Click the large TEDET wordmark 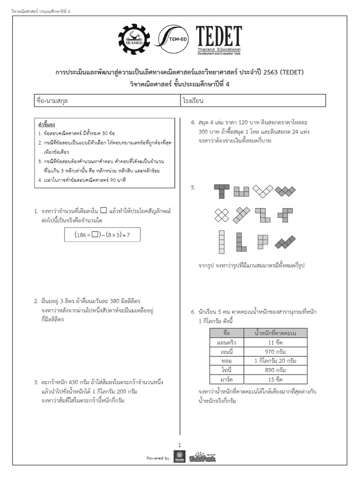click(218, 37)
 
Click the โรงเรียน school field click(253, 101)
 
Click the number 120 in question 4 click(248, 123)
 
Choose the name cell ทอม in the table click(227, 361)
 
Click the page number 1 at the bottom click(180, 445)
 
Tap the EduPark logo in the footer click(203, 457)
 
